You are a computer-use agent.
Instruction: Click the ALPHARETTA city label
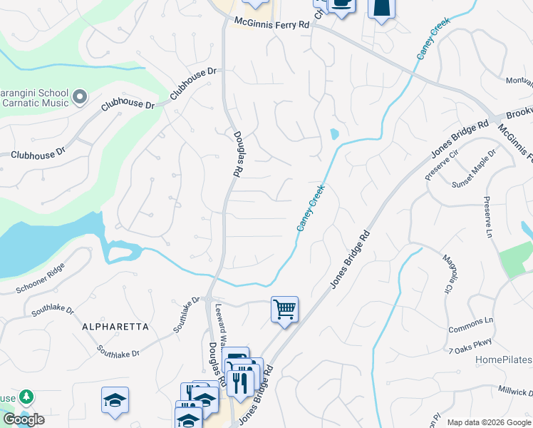(115, 327)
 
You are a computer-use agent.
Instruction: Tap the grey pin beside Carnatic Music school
(80, 96)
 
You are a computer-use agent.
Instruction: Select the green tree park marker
(26, 396)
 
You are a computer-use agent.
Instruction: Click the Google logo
(24, 419)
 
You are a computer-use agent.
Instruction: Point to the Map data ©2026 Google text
(489, 422)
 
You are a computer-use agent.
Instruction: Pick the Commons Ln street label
(470, 325)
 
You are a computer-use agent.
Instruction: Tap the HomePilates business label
(503, 359)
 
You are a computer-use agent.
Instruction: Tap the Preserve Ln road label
(488, 218)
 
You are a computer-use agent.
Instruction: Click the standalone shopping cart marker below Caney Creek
(284, 310)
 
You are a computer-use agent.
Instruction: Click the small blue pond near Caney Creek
(334, 133)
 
